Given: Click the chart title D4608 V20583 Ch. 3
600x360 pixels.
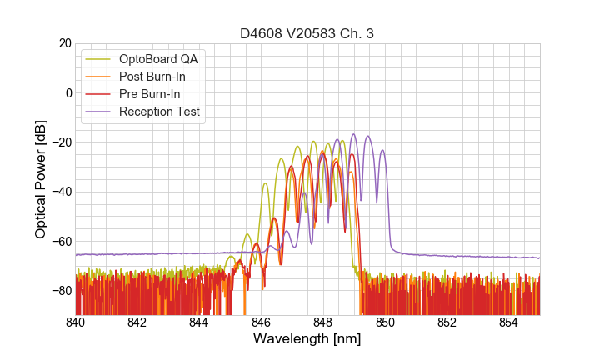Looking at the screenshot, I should tap(307, 34).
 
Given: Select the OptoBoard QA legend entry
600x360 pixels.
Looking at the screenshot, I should tap(157, 59).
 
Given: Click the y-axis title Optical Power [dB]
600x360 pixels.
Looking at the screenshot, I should tap(41, 179).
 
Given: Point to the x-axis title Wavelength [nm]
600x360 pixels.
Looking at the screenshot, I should tap(307, 340).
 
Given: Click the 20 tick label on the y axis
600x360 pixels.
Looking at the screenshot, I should tap(63, 43).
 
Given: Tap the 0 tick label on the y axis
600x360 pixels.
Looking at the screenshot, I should tap(67, 92).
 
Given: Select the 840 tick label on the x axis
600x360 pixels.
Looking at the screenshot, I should tap(76, 322).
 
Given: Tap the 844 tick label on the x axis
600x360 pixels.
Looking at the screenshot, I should tap(199, 322).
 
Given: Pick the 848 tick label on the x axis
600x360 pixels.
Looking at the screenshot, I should tap(323, 322).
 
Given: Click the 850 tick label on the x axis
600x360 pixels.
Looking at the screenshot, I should tap(385, 322).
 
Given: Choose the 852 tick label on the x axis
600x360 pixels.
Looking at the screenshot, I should tap(447, 322).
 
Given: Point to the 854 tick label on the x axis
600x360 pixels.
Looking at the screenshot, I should tap(509, 322).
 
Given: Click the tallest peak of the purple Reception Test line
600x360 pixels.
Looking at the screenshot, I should tap(353, 134).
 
